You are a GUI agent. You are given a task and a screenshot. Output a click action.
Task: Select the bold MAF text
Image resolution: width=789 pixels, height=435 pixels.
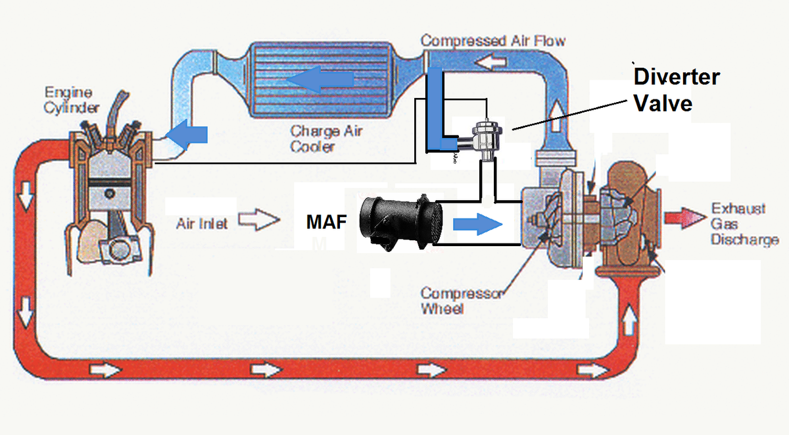(327, 222)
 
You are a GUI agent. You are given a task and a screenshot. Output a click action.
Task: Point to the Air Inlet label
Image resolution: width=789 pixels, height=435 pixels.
(202, 224)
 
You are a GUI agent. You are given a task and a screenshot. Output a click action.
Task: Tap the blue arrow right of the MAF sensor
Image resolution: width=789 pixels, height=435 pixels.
(478, 224)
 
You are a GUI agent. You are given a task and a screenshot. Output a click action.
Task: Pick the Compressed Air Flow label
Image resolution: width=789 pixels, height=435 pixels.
(492, 41)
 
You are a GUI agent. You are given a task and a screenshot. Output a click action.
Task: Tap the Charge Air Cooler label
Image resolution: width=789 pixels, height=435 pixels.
(325, 139)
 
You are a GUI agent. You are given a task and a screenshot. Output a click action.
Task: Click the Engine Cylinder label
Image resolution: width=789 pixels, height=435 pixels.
(72, 100)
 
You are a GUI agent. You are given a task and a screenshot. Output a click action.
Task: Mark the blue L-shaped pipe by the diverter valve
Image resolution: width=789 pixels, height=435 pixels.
(435, 112)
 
